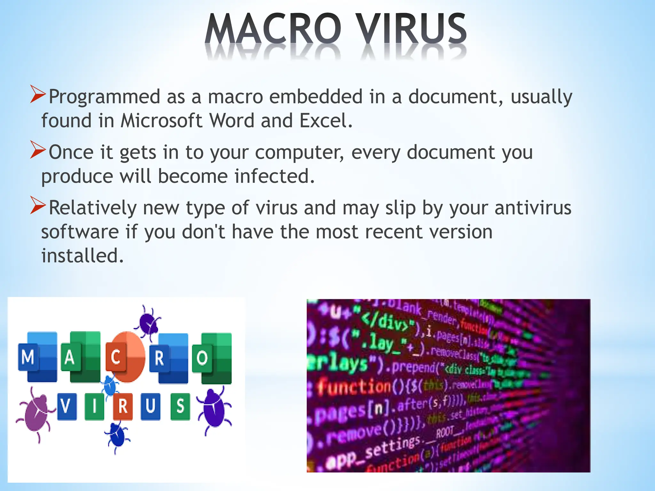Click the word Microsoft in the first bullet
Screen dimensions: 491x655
click(x=162, y=121)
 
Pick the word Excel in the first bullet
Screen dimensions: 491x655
click(x=326, y=121)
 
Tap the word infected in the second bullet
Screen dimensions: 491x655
click(x=275, y=176)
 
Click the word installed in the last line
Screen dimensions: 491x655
click(x=82, y=256)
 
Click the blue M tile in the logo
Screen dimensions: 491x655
click(x=28, y=357)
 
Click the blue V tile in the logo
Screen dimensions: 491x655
click(x=67, y=406)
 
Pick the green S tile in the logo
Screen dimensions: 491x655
click(x=180, y=406)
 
